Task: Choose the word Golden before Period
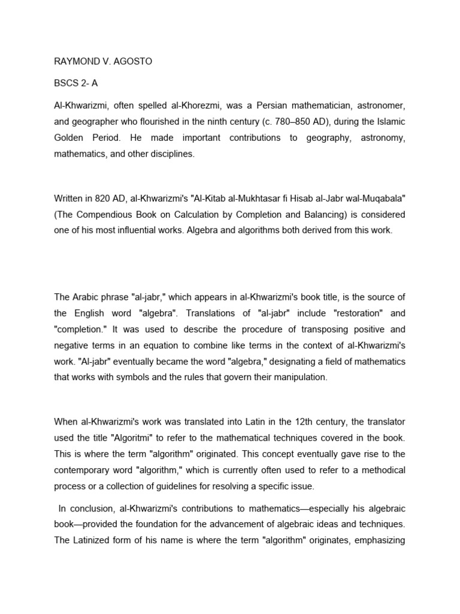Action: [x=70, y=138]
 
